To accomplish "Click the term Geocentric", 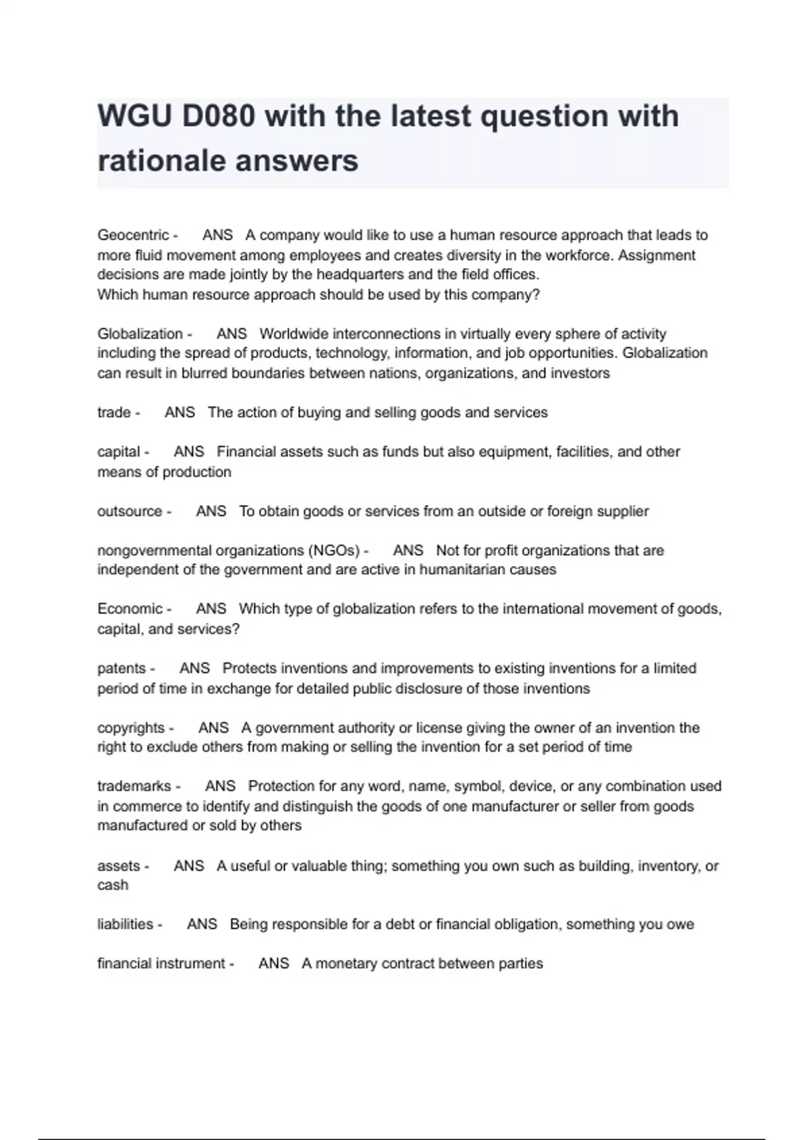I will (x=133, y=235).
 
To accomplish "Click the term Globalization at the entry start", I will (x=139, y=334).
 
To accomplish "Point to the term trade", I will (x=113, y=412).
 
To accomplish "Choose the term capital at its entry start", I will (x=119, y=452).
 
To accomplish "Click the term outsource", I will (x=129, y=512).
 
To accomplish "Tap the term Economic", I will (x=130, y=609).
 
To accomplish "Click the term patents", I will (x=121, y=669).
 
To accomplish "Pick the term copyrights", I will (x=131, y=728).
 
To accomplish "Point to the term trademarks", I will (x=134, y=786).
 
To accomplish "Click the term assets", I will (x=119, y=866).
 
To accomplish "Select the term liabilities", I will (x=125, y=924).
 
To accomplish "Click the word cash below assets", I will (x=113, y=885).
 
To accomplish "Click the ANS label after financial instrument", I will (x=273, y=964).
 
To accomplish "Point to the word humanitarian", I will (x=462, y=570).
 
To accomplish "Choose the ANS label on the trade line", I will (x=180, y=412).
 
